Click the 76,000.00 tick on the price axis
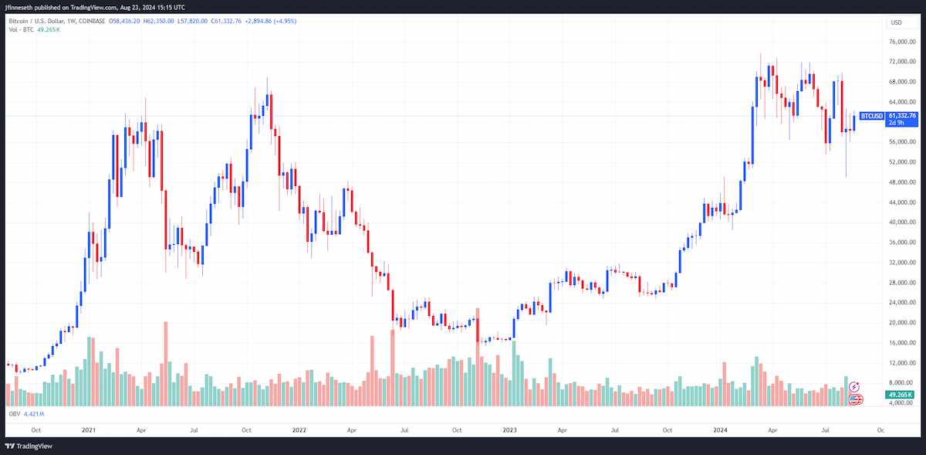click(x=902, y=42)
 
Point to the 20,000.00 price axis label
click(x=902, y=322)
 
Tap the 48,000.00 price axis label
click(x=902, y=182)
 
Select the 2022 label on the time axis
click(x=299, y=430)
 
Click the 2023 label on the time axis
click(x=509, y=430)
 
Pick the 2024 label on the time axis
click(x=720, y=430)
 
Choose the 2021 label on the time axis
click(x=89, y=430)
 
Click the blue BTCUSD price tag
click(x=872, y=116)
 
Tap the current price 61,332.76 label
click(x=902, y=116)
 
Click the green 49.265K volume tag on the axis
click(x=900, y=395)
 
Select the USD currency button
click(x=896, y=22)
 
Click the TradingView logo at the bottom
click(x=29, y=446)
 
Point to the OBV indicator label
click(x=15, y=414)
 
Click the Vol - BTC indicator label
click(x=21, y=30)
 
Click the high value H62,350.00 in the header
click(x=158, y=21)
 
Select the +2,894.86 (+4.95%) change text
click(x=271, y=21)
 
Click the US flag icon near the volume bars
click(x=855, y=399)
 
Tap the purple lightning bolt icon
click(x=854, y=387)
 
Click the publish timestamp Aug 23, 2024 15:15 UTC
click(x=153, y=8)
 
